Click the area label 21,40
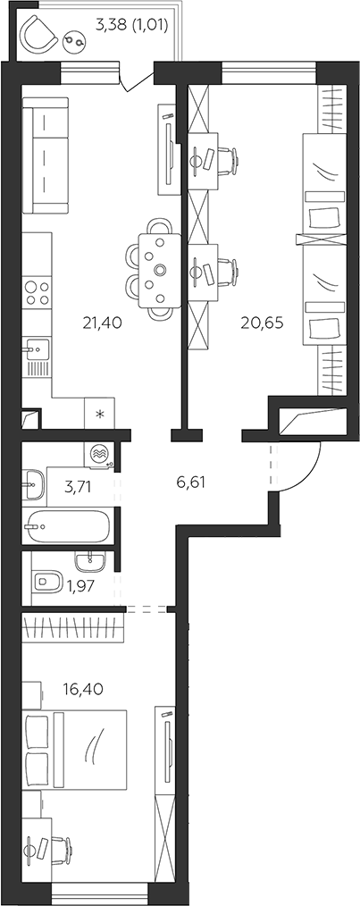102,323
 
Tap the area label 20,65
263,323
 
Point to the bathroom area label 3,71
78,486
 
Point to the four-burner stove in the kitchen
37,292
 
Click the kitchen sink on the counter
36,350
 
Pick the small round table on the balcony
76,40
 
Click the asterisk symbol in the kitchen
99,413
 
